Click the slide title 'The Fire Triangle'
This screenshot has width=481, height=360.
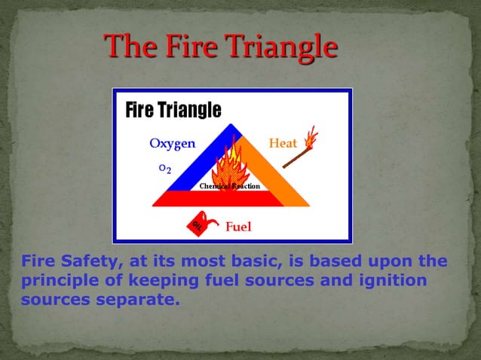(x=220, y=47)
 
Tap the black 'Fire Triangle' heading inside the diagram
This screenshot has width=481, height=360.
(x=173, y=111)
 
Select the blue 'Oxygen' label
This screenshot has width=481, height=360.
(x=172, y=143)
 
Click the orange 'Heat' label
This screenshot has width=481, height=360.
(x=283, y=143)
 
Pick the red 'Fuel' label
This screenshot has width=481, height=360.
(x=238, y=226)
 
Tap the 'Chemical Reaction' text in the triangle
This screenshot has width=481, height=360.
(x=229, y=186)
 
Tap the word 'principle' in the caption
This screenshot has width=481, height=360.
(x=54, y=282)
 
